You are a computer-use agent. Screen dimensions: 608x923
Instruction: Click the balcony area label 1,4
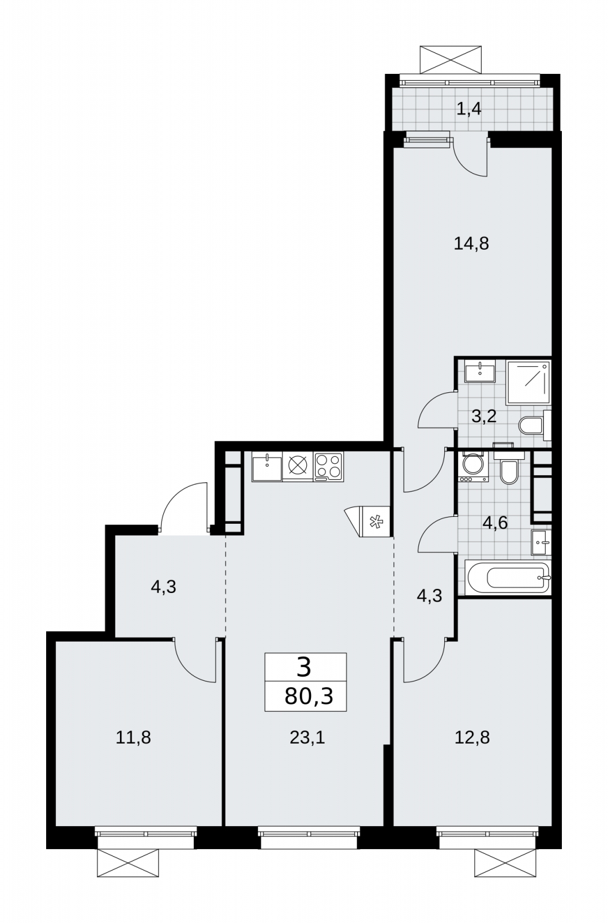pyautogui.click(x=469, y=110)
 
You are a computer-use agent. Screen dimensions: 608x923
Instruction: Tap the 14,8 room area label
pyautogui.click(x=471, y=244)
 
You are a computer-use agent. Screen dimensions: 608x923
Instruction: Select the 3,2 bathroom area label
pyautogui.click(x=483, y=417)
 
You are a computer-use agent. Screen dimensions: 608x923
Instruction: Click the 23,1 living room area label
pyautogui.click(x=307, y=738)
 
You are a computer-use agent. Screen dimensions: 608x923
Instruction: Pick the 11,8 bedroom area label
pyautogui.click(x=133, y=738)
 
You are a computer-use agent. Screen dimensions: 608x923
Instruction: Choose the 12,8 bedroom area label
pyautogui.click(x=472, y=738)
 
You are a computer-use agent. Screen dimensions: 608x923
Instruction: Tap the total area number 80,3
pyautogui.click(x=309, y=697)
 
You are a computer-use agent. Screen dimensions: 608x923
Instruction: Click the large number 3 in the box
pyautogui.click(x=304, y=667)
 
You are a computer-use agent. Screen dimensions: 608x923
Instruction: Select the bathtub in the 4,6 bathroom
pyautogui.click(x=508, y=577)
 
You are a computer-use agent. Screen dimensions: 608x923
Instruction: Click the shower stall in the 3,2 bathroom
pyautogui.click(x=528, y=383)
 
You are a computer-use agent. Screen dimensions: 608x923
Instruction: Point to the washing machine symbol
pyautogui.click(x=473, y=467)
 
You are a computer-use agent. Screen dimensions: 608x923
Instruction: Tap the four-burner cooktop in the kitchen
pyautogui.click(x=328, y=467)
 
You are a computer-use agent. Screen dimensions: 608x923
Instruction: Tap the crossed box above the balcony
pyautogui.click(x=451, y=60)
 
